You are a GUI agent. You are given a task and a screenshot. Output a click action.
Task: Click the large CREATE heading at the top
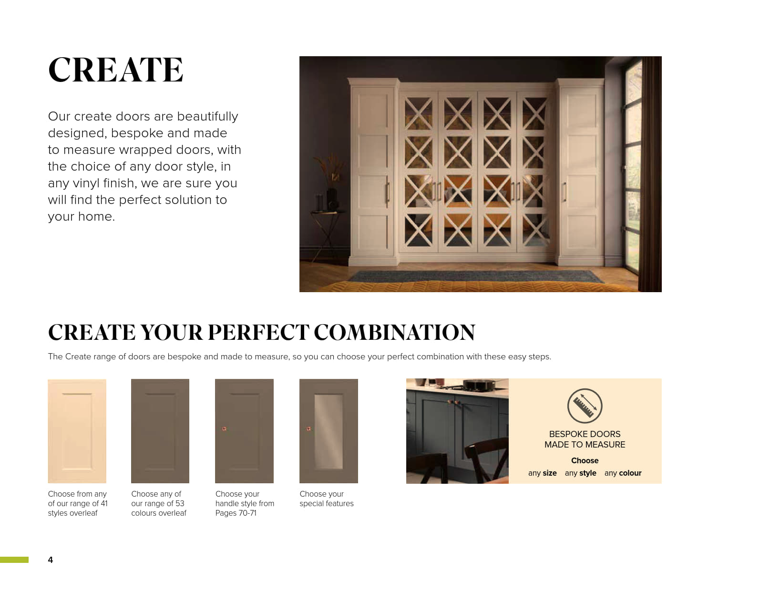click(115, 70)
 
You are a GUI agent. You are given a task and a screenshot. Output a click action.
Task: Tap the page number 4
click(51, 560)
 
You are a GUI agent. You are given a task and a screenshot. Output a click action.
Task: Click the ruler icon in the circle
click(585, 406)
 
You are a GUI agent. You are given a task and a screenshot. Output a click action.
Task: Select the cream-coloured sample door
click(77, 431)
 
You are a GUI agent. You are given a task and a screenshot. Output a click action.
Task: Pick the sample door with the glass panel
click(329, 431)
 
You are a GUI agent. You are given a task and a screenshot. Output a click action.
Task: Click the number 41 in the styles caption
click(104, 503)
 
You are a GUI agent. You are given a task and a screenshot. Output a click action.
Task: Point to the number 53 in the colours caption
click(180, 503)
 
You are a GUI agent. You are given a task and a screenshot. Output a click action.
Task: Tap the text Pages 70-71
click(236, 513)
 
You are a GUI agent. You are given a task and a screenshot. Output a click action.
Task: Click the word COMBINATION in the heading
click(394, 332)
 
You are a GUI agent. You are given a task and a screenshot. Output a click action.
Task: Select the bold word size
click(549, 473)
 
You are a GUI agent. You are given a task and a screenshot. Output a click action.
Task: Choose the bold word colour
click(630, 473)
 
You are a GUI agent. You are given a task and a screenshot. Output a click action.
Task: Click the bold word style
click(588, 473)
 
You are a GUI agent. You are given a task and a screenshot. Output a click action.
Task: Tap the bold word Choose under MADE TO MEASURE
click(585, 460)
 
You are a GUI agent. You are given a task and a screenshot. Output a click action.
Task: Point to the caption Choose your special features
click(327, 499)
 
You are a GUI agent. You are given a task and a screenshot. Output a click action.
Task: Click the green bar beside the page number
click(14, 560)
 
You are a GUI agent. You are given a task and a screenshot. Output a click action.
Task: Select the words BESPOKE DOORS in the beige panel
click(585, 434)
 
